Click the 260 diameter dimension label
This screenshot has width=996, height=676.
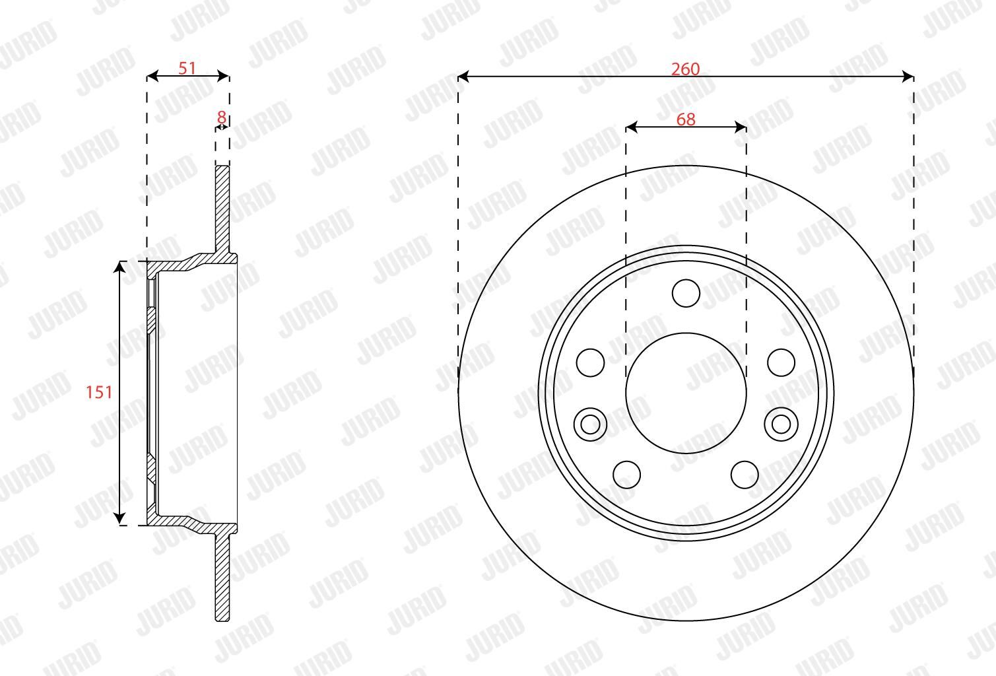(x=685, y=69)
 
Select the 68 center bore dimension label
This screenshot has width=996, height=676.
(x=686, y=119)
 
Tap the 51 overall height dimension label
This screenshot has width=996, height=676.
(x=187, y=68)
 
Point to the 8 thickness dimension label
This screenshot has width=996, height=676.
(x=221, y=118)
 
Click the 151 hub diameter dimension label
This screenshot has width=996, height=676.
(x=99, y=392)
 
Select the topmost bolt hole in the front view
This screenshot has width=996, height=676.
(x=686, y=293)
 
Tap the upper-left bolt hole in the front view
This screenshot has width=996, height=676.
(x=590, y=362)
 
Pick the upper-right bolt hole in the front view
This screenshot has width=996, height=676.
(x=781, y=362)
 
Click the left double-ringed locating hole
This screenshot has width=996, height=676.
(x=590, y=424)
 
